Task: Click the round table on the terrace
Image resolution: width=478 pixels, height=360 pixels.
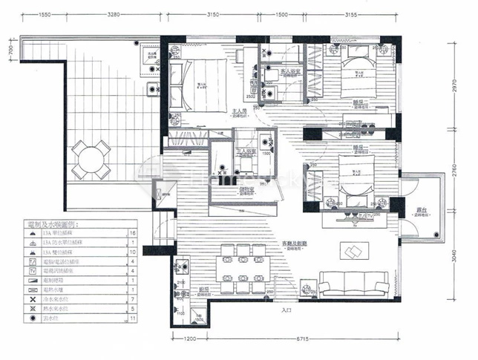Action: pos(90,160)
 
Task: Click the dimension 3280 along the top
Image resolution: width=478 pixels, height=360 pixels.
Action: pos(114,15)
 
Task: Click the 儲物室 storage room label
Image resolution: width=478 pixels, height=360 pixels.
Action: pos(246,190)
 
